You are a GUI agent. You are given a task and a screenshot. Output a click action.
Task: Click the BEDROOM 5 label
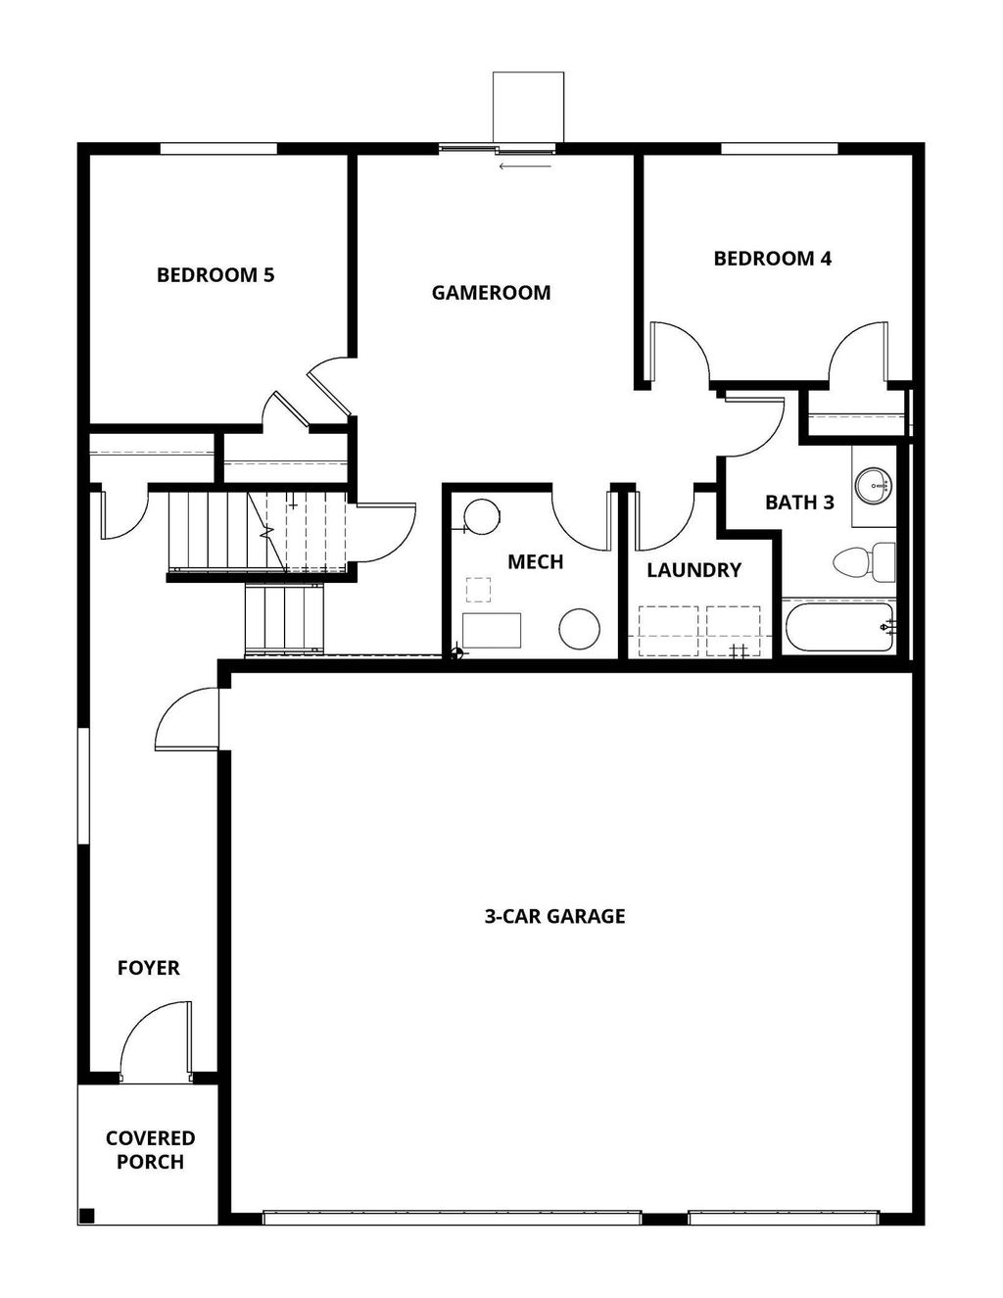215,275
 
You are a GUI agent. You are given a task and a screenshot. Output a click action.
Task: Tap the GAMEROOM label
491,292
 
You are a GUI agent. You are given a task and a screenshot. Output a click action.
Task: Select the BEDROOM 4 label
772,259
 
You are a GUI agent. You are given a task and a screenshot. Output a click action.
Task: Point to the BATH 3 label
799,503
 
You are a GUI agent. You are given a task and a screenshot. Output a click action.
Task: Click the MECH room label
535,561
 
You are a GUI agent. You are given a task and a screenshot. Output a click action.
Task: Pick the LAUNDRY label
693,570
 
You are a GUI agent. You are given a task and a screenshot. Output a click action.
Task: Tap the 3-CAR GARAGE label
554,917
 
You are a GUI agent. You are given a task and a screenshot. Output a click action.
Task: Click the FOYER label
149,968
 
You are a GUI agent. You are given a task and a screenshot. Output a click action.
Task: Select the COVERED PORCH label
150,1150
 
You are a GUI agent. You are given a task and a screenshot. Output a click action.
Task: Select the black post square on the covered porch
86,1217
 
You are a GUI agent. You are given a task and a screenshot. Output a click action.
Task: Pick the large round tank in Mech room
579,628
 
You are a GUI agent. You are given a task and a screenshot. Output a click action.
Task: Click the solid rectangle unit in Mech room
492,630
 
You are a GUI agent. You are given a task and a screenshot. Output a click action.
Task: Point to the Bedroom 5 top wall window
217,149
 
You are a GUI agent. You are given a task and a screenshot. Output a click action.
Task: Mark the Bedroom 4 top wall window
780,149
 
